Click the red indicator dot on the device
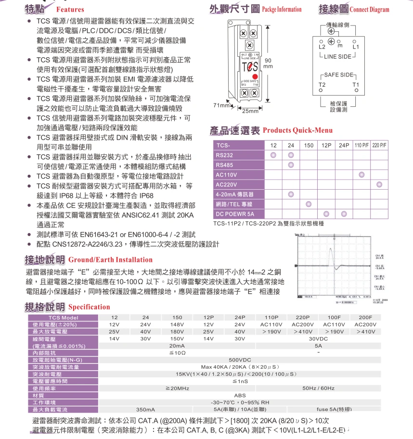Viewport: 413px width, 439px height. click(255, 77)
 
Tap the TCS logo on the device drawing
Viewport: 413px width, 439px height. click(250, 67)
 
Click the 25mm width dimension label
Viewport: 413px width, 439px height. click(250, 111)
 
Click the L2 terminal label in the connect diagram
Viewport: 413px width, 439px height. click(323, 47)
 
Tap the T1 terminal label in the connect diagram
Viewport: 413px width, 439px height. click(356, 84)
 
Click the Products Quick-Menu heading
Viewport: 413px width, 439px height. click(297, 130)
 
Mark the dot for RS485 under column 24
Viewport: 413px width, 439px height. click(291, 165)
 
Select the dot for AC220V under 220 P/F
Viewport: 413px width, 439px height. click(379, 184)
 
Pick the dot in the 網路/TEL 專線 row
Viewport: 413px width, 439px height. click(309, 204)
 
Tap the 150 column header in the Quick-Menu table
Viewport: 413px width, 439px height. click(309, 145)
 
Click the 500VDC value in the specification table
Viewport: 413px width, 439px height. click(239, 360)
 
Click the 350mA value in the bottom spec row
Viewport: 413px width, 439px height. click(145, 409)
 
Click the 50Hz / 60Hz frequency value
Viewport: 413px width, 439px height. click(319, 387)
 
